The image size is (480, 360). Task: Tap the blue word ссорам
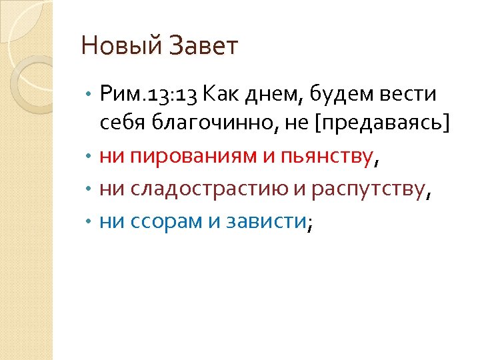[x=163, y=222]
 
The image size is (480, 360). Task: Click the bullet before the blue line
[x=90, y=222]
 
